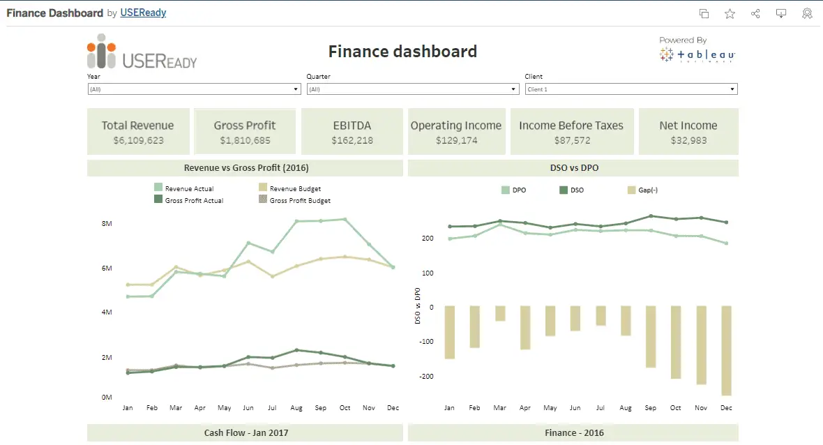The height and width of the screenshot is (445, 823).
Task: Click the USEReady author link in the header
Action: coord(143,13)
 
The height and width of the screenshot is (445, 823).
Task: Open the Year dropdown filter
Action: coord(194,89)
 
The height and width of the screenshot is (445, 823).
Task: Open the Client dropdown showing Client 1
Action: coord(631,89)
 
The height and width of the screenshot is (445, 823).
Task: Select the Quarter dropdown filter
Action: coord(412,89)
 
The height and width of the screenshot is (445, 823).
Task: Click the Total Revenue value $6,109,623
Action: coord(138,140)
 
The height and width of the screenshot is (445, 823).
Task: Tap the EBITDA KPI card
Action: coord(352,131)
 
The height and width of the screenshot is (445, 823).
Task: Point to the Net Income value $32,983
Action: coord(688,140)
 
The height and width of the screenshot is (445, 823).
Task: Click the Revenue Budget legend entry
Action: coord(294,188)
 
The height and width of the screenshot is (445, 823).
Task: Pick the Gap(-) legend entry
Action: coord(647,190)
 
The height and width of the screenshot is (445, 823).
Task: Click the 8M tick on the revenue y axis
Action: coord(107,223)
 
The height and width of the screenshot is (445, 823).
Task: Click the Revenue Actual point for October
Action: coord(345,219)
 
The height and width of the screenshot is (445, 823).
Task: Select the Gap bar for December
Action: coord(726,350)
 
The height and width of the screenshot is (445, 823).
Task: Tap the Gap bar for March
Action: coord(500,313)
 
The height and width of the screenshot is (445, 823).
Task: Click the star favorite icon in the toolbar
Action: coord(730,13)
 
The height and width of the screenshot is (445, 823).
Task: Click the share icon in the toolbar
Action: coord(755,13)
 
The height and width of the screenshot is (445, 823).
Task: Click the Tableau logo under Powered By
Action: coord(697,55)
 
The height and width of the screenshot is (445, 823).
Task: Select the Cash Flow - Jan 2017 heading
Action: coord(246,432)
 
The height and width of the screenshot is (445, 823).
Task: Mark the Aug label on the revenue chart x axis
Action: coord(296,407)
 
